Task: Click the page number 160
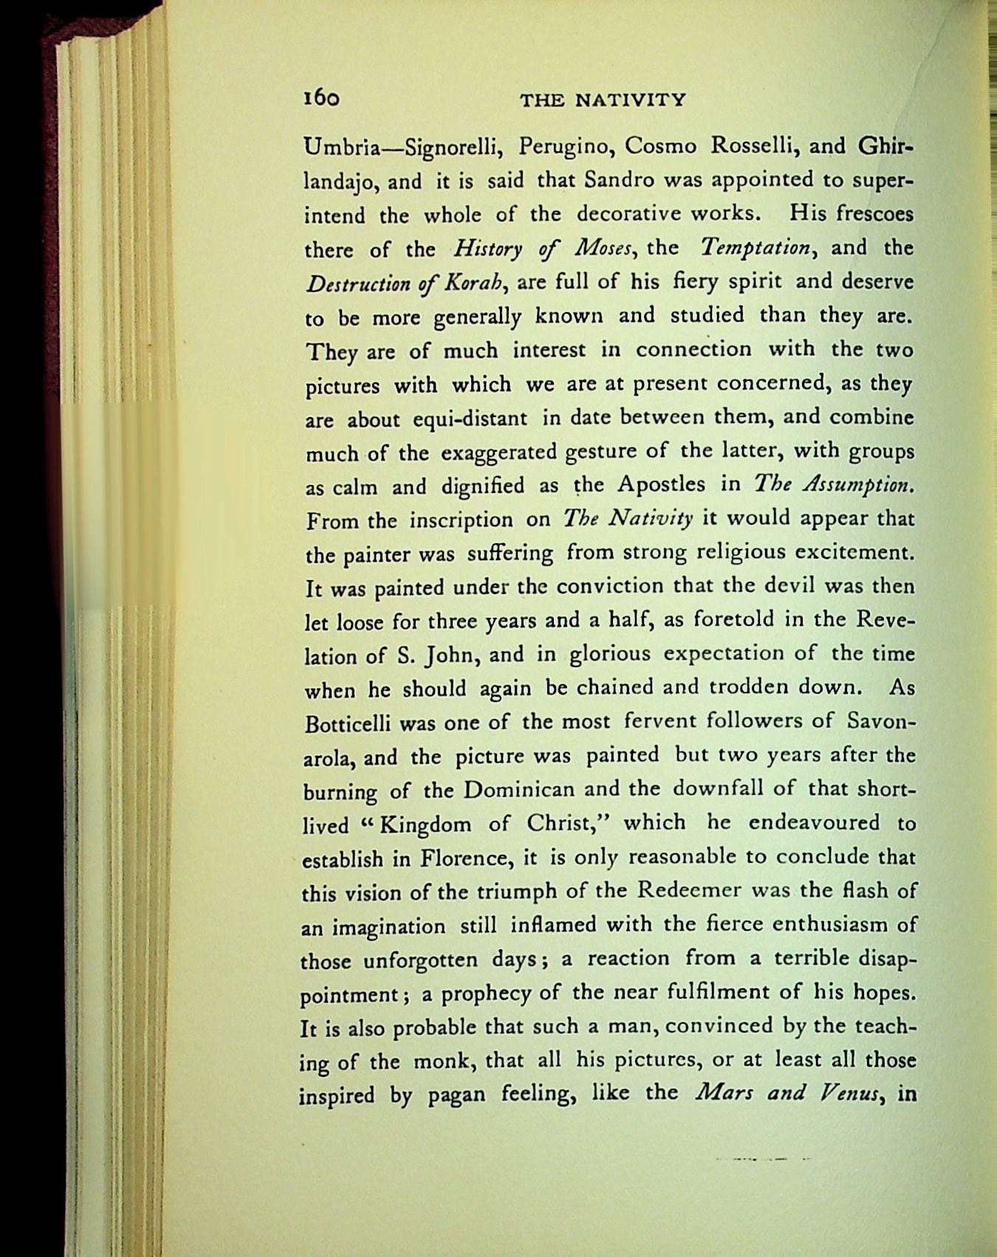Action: pyautogui.click(x=321, y=98)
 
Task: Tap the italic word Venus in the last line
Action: pyautogui.click(x=848, y=1093)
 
